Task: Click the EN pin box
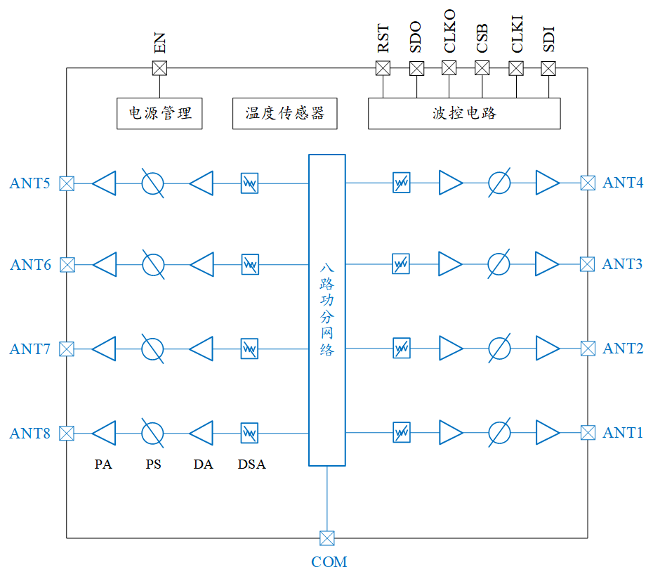click(159, 68)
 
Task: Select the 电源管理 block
click(159, 113)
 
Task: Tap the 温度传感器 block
click(284, 113)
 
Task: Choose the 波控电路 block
click(464, 113)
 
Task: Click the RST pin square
click(383, 68)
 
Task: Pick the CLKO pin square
click(449, 68)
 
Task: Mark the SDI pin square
click(548, 68)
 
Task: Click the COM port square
click(326, 538)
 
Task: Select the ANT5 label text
click(29, 184)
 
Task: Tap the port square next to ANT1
click(588, 432)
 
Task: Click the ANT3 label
click(622, 264)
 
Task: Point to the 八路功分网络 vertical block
click(327, 310)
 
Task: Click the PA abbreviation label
click(103, 464)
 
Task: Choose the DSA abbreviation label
click(251, 464)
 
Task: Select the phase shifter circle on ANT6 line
click(152, 265)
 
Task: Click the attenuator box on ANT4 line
click(401, 183)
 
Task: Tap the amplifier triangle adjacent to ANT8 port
click(104, 433)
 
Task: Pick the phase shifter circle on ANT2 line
click(499, 348)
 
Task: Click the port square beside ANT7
click(67, 349)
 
